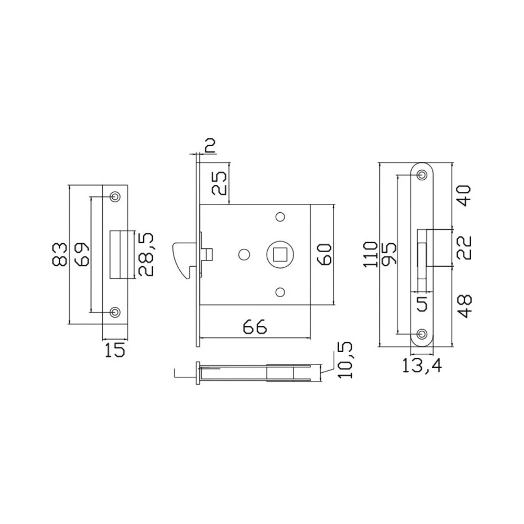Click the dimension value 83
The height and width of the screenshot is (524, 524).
61,255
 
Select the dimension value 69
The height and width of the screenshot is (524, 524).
82,255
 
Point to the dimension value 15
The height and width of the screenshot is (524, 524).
115,350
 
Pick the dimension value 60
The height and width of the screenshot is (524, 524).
325,255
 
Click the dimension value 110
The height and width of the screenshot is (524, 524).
371,255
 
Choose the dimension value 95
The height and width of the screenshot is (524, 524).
389,255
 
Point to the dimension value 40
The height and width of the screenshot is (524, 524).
464,195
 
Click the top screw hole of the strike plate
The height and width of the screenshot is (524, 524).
115,196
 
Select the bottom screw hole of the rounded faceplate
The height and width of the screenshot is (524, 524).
422,334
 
